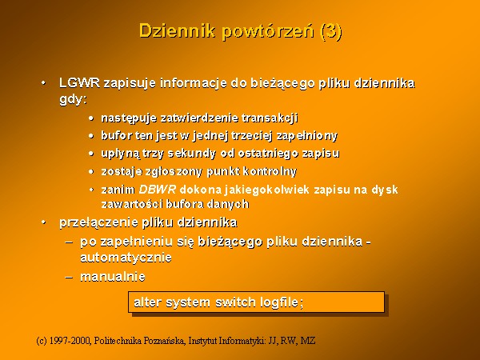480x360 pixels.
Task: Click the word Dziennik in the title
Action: click(x=177, y=31)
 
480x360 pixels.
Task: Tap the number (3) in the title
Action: click(x=330, y=31)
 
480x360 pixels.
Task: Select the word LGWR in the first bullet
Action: click(x=79, y=83)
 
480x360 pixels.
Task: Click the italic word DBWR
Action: click(x=158, y=190)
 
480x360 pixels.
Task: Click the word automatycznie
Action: click(x=126, y=258)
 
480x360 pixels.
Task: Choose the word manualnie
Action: click(x=113, y=277)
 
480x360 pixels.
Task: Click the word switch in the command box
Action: click(x=235, y=302)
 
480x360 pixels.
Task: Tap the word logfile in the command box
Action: click(x=279, y=302)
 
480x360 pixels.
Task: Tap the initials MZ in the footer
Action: click(x=308, y=341)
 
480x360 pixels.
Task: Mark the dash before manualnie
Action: click(x=69, y=278)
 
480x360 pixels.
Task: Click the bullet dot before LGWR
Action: click(x=44, y=83)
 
